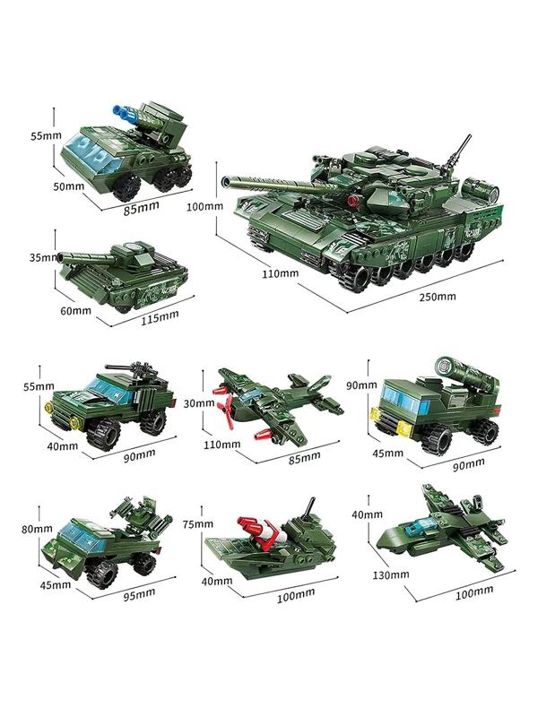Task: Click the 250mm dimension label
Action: click(x=438, y=297)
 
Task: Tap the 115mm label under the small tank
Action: click(x=160, y=317)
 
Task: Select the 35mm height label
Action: click(x=44, y=257)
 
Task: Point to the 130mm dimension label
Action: click(x=390, y=574)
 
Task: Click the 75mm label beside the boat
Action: click(x=197, y=524)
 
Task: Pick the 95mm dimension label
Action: click(x=139, y=594)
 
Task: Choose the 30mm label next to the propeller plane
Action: click(x=199, y=403)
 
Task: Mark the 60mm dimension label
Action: click(x=76, y=311)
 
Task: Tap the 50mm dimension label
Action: click(x=69, y=186)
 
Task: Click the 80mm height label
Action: click(x=37, y=529)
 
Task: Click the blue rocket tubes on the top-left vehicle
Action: click(x=123, y=113)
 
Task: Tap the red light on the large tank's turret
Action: click(x=351, y=200)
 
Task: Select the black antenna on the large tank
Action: click(x=456, y=152)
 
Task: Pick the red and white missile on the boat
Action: click(x=259, y=531)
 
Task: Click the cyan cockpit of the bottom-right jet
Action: click(x=421, y=526)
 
